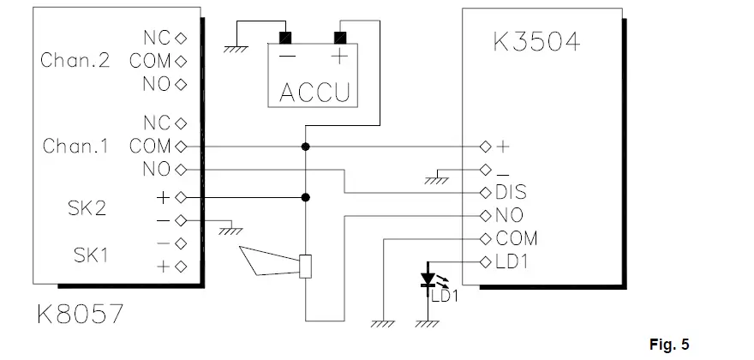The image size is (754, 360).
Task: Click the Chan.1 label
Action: pos(75,147)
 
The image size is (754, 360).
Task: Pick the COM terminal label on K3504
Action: pos(518,238)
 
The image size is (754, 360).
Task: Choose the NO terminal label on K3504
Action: pos(510,215)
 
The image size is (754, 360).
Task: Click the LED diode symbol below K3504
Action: pos(426,279)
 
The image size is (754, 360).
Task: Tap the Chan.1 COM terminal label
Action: pos(150,147)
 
